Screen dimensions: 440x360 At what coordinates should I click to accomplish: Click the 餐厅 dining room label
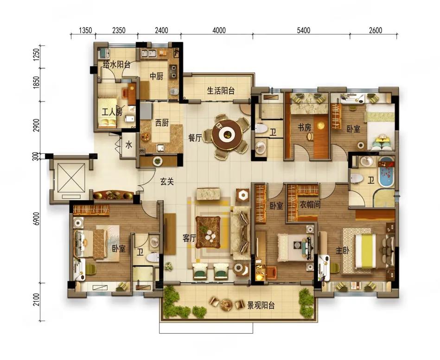point(195,138)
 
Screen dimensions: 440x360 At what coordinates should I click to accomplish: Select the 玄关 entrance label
point(167,182)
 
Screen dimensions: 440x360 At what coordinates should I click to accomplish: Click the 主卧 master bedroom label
point(342,250)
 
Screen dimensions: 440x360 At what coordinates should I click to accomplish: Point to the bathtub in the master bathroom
point(386,172)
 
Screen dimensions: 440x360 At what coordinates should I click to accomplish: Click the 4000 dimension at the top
point(219,30)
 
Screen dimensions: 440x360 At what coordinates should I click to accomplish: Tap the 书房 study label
point(305,127)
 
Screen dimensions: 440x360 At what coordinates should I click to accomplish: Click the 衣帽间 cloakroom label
point(310,205)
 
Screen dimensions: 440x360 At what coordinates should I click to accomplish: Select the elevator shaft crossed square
point(71,178)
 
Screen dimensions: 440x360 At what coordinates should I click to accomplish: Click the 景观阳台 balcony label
point(261,305)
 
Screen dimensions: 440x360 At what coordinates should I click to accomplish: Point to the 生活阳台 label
point(221,90)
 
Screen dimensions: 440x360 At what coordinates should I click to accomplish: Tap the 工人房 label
point(112,113)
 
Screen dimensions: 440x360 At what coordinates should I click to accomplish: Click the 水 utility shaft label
point(128,145)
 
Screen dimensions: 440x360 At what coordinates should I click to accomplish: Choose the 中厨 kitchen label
point(156,76)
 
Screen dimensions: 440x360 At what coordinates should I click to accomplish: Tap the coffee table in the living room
point(208,232)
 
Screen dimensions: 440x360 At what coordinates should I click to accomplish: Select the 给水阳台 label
point(117,65)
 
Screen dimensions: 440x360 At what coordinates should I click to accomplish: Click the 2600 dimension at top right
point(376,30)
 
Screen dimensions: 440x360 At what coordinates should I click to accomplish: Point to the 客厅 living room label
point(189,238)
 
